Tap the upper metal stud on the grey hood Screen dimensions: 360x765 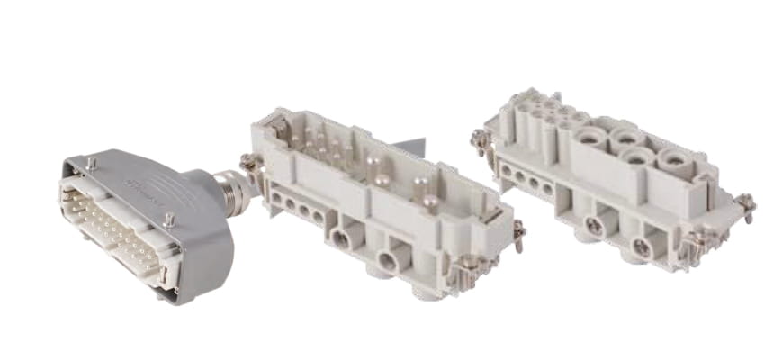coord(91,163)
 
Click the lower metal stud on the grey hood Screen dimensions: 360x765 coord(168,218)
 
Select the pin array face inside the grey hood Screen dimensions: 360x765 coord(113,230)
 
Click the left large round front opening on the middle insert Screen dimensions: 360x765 coord(341,238)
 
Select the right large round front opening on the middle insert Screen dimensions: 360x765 coord(387,262)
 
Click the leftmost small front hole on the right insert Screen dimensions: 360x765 coord(506,168)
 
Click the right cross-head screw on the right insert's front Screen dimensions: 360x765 coord(641,245)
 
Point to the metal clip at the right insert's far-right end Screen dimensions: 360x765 coord(746,204)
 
